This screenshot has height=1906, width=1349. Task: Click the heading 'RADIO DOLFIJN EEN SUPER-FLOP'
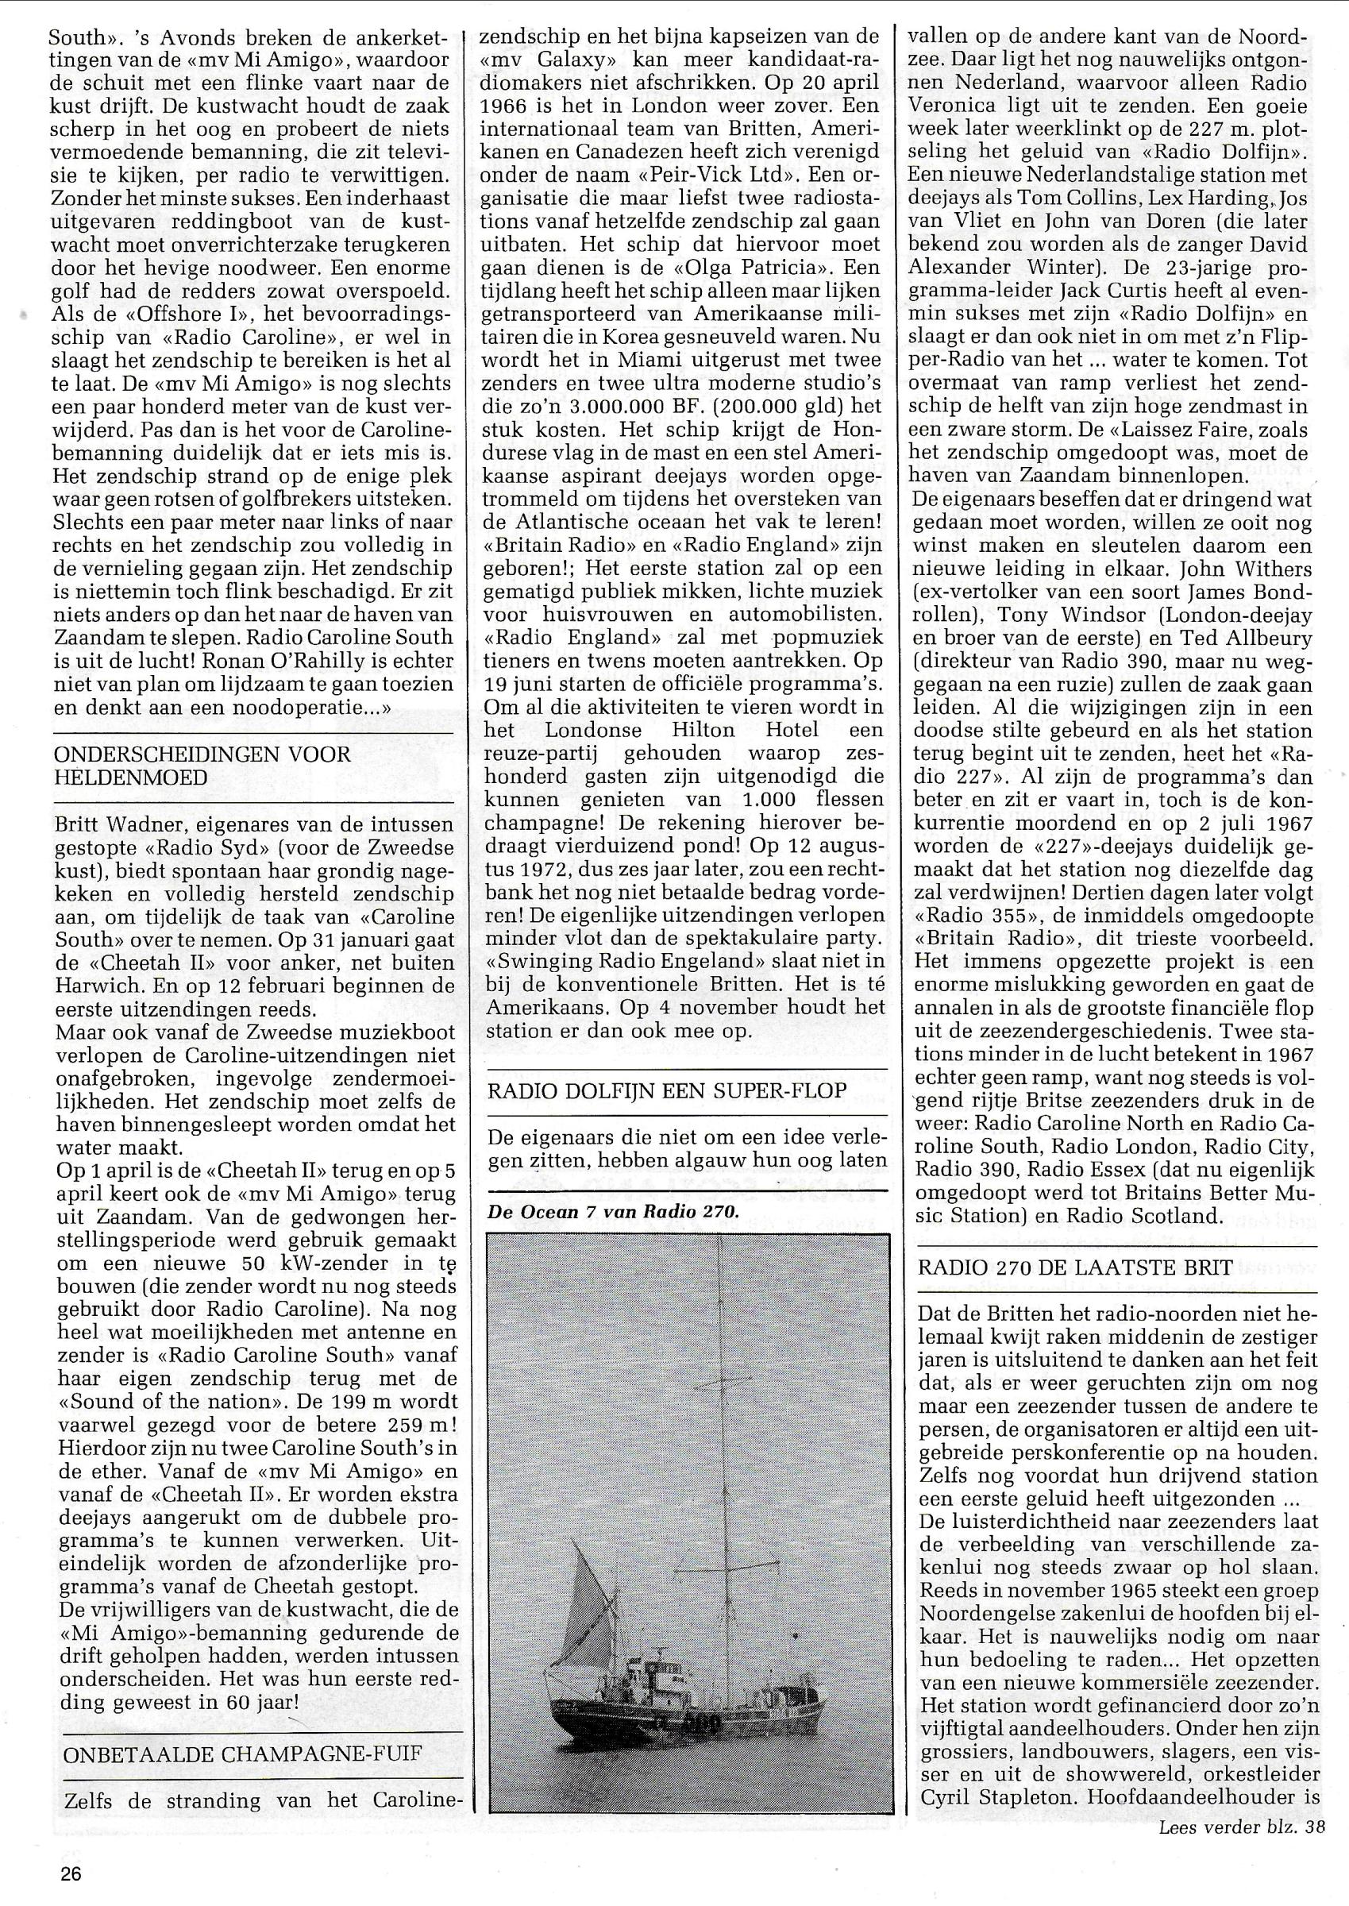click(667, 1090)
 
